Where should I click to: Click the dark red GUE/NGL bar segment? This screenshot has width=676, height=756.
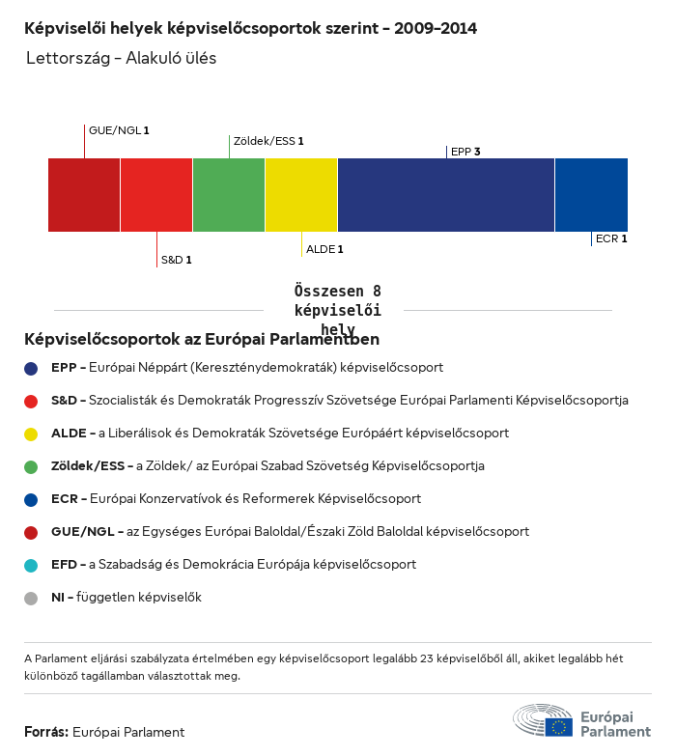[x=84, y=195]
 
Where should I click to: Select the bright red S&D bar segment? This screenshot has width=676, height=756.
[x=156, y=195]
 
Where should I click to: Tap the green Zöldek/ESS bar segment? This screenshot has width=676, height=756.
[x=229, y=195]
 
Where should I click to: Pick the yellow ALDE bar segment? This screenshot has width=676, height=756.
[x=301, y=195]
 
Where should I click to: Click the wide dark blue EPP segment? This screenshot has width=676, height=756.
[x=446, y=195]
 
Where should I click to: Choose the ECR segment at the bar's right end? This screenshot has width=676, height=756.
[x=591, y=195]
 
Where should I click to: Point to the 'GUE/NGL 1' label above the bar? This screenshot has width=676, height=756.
[x=119, y=130]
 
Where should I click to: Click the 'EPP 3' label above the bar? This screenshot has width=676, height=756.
[x=465, y=152]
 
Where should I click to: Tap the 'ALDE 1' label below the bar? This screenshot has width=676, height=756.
[x=324, y=249]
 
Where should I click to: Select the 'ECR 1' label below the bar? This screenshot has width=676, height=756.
[x=611, y=238]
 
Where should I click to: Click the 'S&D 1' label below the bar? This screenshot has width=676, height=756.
[x=176, y=260]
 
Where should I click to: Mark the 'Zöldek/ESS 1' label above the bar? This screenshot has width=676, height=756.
[x=268, y=141]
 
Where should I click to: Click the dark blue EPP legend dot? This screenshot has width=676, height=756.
[x=32, y=368]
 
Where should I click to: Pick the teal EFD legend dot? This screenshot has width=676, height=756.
[x=32, y=565]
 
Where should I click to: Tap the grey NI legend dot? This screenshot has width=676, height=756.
[x=32, y=598]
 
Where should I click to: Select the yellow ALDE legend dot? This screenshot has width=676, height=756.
[x=32, y=434]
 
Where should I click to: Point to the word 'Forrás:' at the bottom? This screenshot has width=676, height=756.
[x=46, y=732]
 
